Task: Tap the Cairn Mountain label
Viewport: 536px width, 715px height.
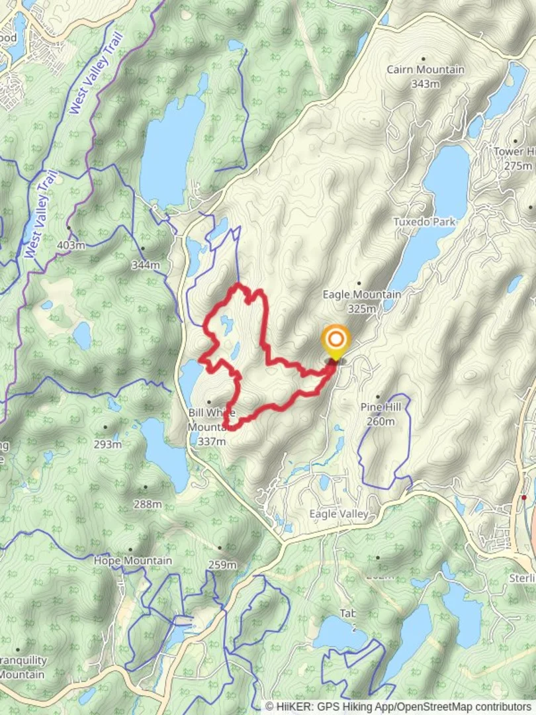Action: click(425, 70)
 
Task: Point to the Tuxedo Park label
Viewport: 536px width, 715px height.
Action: click(424, 222)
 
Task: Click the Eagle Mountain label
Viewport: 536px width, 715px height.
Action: click(361, 295)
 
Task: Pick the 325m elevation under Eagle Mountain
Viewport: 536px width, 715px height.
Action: click(361, 309)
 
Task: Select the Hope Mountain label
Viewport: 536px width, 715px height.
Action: click(132, 561)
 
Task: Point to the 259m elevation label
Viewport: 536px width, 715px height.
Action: click(222, 565)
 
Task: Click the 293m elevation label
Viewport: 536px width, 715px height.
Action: click(107, 444)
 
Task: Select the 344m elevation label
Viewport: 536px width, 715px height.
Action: click(146, 265)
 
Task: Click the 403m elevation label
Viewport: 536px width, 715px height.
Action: click(71, 245)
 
